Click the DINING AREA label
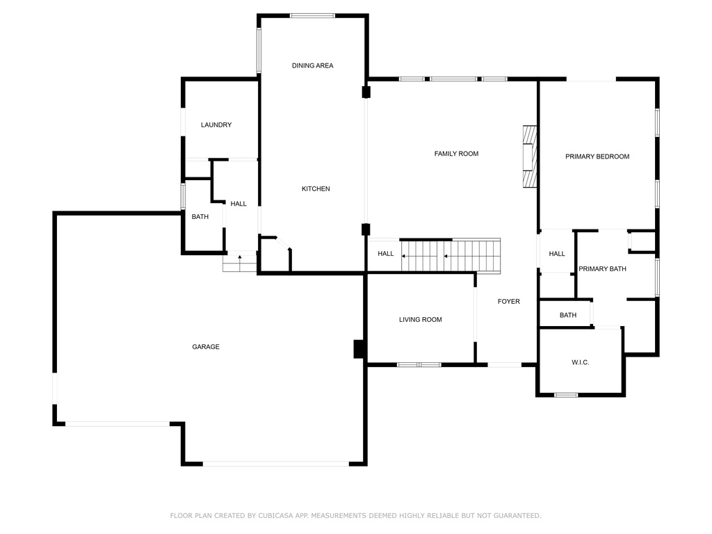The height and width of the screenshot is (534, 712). click(312, 65)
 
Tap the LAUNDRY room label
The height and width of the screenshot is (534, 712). click(216, 125)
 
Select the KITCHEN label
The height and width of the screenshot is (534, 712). click(316, 189)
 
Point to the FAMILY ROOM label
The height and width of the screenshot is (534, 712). click(456, 154)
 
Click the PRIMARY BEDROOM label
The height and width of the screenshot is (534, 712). click(597, 156)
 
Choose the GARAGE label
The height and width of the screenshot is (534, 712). click(206, 347)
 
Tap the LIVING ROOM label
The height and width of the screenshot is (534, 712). click(421, 320)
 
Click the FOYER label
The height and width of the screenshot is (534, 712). click(508, 302)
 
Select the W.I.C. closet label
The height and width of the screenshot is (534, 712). click(581, 362)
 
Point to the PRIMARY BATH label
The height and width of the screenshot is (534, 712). click(602, 269)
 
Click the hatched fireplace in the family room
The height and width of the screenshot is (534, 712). click(530, 156)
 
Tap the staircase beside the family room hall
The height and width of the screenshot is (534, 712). click(451, 256)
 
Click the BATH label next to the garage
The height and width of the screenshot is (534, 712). click(200, 217)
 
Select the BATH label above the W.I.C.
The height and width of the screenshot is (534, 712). click(568, 315)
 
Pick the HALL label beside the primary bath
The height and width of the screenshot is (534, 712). click(557, 254)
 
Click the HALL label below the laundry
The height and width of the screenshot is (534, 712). click(238, 204)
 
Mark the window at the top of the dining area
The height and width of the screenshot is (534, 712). click(312, 16)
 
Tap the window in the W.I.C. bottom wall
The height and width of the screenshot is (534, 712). click(566, 395)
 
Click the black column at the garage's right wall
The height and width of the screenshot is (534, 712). click(359, 349)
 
